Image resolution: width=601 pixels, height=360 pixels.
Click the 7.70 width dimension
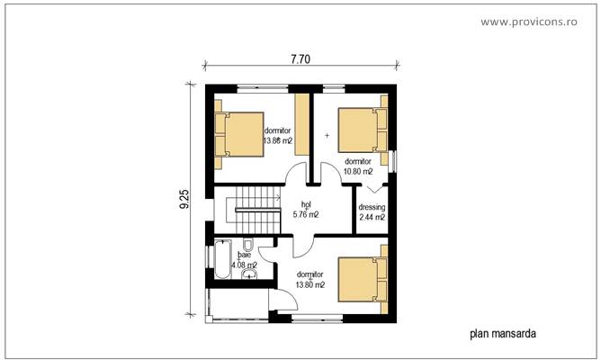pyautogui.click(x=300, y=60)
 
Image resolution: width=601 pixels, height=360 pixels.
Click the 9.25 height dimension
pyautogui.click(x=185, y=200)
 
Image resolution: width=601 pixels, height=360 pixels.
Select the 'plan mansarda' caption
pyautogui.click(x=503, y=334)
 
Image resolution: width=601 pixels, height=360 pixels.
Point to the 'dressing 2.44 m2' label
pyautogui.click(x=372, y=211)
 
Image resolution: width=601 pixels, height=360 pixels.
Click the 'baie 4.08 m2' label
pyautogui.click(x=244, y=260)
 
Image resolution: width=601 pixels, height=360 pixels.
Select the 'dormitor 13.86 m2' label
pyautogui.click(x=277, y=136)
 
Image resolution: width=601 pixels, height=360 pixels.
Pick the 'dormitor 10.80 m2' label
pyautogui.click(x=358, y=166)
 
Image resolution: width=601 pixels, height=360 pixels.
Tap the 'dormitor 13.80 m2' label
pyautogui.click(x=310, y=279)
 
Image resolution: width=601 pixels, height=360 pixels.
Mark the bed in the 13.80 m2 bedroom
pyautogui.click(x=362, y=279)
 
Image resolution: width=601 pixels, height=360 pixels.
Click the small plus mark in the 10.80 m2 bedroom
pyautogui.click(x=327, y=136)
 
